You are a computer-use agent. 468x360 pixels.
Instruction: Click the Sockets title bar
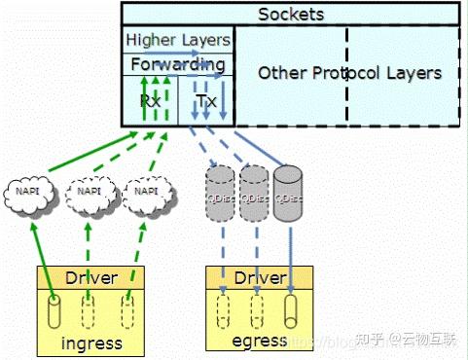coord(290,14)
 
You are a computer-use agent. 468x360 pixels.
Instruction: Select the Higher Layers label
coord(178,40)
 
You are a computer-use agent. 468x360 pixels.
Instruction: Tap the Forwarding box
coord(178,64)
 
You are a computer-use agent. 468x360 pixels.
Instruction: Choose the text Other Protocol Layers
coord(349,73)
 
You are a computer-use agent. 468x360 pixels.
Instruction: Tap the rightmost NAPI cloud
coord(147,193)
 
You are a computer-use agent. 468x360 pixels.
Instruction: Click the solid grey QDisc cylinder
coord(288,188)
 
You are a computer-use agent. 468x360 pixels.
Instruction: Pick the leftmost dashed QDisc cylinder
coord(222,188)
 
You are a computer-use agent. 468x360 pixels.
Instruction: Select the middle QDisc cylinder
coord(254,188)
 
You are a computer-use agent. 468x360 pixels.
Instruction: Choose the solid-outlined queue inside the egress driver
coord(289,313)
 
